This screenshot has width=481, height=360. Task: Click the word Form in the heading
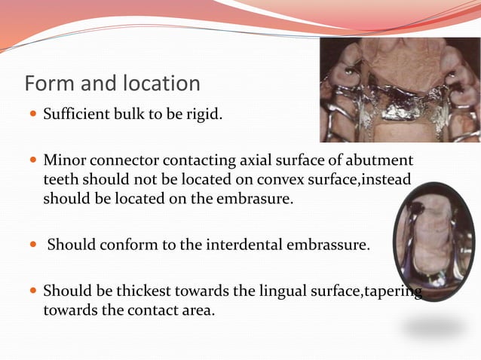[x=48, y=83]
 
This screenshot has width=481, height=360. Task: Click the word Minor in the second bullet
[x=63, y=160]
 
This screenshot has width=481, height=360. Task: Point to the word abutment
[x=381, y=160]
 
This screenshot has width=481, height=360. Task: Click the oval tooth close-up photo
[x=434, y=241]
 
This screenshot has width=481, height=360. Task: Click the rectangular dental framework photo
[x=400, y=90]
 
